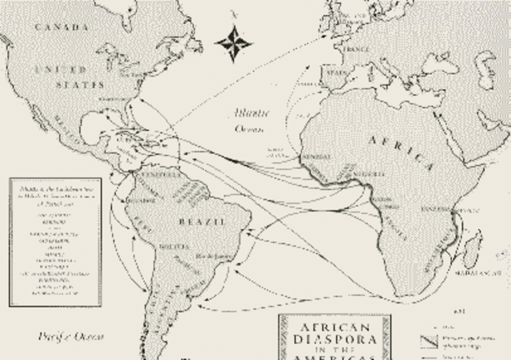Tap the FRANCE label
355,48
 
